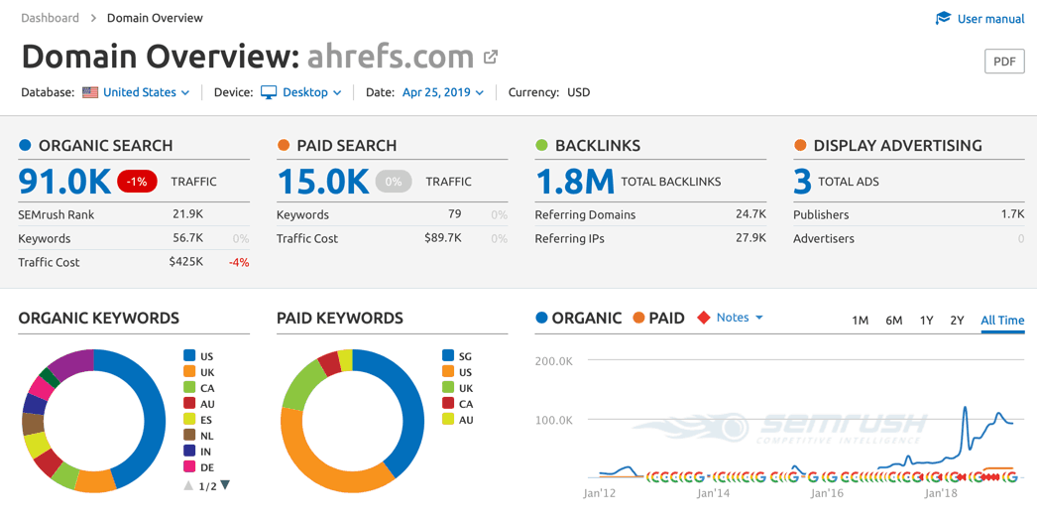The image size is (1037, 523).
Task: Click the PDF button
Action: click(1004, 62)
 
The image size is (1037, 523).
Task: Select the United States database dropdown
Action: click(139, 92)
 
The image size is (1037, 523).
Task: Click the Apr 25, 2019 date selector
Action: click(442, 92)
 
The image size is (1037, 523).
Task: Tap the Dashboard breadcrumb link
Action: click(50, 18)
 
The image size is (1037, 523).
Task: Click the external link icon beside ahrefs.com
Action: click(491, 58)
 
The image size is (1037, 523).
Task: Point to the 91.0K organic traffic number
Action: click(64, 182)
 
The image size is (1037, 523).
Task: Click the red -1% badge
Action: click(137, 182)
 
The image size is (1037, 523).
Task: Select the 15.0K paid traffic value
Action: click(323, 182)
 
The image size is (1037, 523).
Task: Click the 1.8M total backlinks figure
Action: click(575, 182)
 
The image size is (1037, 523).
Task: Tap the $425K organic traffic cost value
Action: click(185, 262)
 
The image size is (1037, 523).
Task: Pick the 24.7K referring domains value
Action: click(750, 214)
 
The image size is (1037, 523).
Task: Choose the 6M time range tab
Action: click(893, 321)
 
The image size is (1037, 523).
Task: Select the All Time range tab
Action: click(1002, 321)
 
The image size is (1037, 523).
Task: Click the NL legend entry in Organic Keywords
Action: click(206, 436)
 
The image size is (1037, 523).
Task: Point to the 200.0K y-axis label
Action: click(554, 361)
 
